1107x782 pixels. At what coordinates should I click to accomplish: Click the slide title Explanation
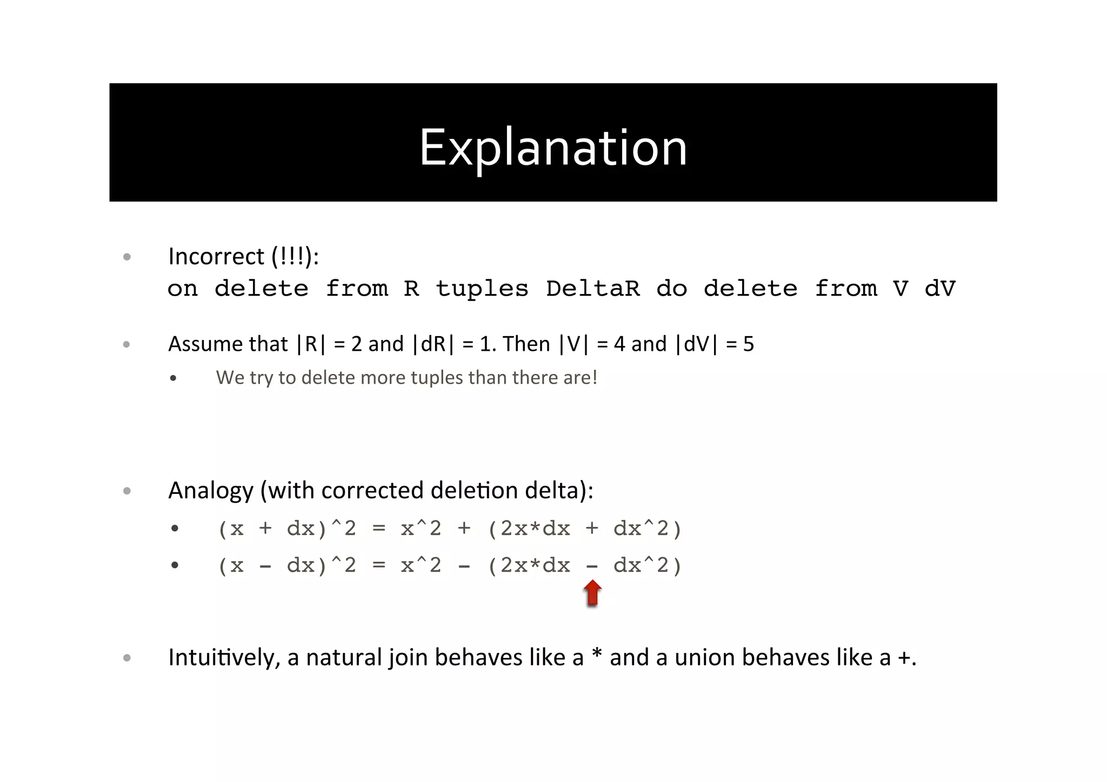click(553, 148)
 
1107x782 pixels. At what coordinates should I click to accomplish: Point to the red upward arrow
click(592, 593)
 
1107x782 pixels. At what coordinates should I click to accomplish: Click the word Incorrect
click(216, 256)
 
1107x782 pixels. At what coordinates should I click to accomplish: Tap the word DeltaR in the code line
click(593, 289)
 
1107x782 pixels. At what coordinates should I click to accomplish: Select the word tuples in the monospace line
click(482, 289)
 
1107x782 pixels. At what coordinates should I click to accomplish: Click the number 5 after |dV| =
click(748, 344)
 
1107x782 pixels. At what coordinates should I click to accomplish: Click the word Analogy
click(211, 491)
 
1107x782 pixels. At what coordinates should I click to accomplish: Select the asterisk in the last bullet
click(597, 654)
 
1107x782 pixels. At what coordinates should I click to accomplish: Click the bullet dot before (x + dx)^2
click(174, 529)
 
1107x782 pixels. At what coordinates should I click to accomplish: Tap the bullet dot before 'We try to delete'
click(173, 378)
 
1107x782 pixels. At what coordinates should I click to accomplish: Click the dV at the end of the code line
click(940, 289)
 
